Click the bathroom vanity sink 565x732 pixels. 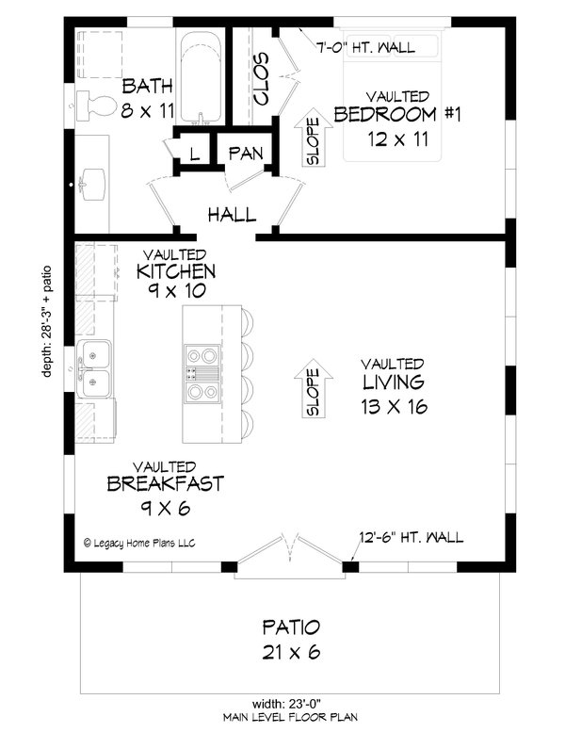93,184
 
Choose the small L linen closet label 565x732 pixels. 194,154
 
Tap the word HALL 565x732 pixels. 232,215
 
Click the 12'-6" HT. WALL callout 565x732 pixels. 411,538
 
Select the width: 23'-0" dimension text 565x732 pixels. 290,703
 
